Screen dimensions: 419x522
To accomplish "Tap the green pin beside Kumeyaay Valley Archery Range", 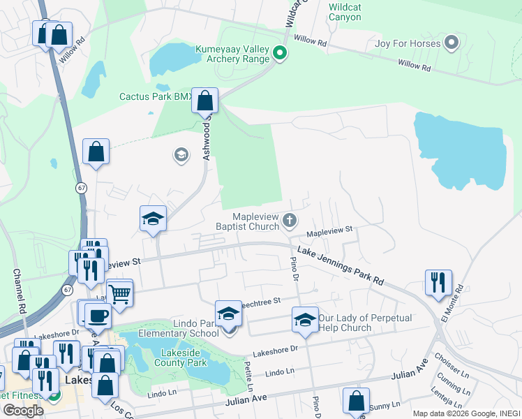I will [279, 53].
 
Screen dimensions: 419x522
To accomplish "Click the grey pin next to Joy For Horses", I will [451, 43].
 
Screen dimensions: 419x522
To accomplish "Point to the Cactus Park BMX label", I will [155, 97].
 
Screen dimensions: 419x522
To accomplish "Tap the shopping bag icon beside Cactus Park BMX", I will [205, 101].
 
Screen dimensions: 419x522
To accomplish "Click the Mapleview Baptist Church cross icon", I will [290, 222].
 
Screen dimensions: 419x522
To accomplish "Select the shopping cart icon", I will [119, 293].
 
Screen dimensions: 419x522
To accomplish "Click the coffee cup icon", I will [97, 315].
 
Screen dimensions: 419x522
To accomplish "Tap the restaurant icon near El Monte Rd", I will [438, 283].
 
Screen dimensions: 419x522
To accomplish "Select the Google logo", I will [23, 410].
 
